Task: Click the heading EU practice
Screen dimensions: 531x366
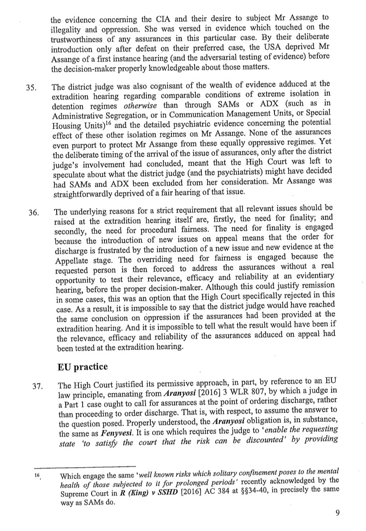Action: coord(83,367)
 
